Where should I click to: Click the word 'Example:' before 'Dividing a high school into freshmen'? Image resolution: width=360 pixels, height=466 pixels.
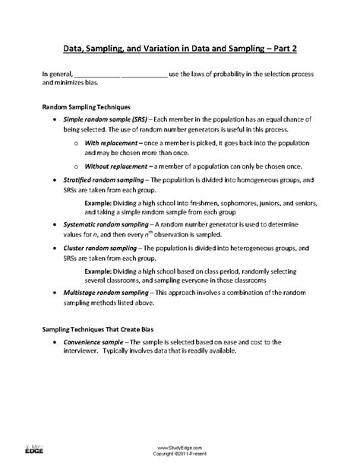point(99,203)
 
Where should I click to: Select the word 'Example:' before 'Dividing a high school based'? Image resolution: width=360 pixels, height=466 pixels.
point(99,271)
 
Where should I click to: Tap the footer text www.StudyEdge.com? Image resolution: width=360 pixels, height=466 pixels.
point(179,449)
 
